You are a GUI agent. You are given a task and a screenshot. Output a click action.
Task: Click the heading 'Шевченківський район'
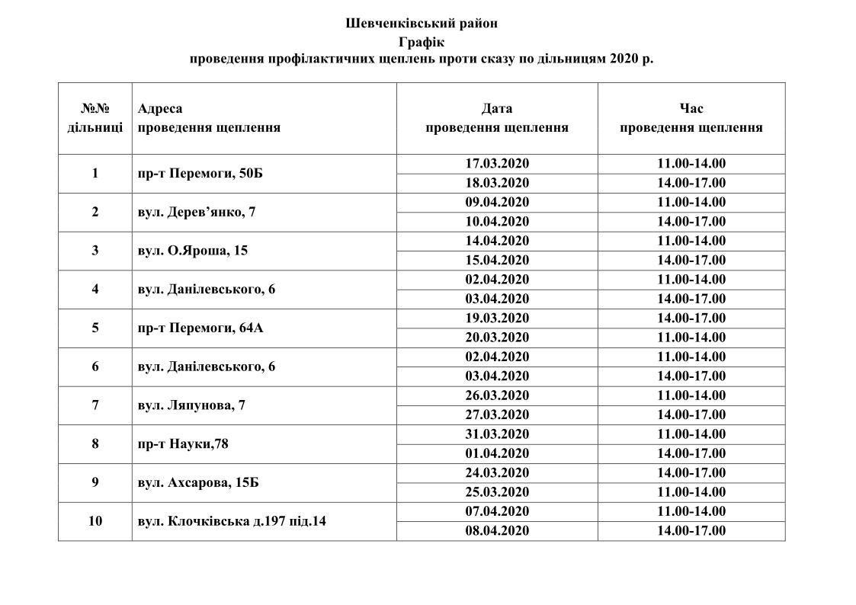(x=422, y=24)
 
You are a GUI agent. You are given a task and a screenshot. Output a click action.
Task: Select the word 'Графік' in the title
(x=421, y=41)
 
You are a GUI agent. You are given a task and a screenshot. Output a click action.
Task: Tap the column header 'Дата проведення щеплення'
(x=497, y=118)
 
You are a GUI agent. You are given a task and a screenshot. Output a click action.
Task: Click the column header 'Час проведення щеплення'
(x=691, y=118)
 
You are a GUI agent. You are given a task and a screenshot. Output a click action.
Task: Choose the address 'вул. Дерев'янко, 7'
(x=197, y=213)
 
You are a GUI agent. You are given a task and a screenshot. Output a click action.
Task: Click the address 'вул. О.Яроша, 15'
(x=193, y=251)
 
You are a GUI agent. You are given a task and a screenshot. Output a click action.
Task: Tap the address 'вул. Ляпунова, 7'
(x=191, y=405)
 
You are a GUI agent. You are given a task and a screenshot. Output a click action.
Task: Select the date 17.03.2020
(x=497, y=164)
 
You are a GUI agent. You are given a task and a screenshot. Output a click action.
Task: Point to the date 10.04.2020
(x=497, y=222)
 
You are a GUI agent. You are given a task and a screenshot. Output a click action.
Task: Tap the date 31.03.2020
(x=497, y=434)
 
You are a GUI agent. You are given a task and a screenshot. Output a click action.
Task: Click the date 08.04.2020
(x=497, y=531)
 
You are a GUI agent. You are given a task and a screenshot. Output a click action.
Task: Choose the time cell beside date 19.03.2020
(x=691, y=319)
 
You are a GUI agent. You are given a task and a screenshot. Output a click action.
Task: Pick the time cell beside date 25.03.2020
(x=691, y=492)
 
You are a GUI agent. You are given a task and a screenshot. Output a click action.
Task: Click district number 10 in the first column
(x=95, y=522)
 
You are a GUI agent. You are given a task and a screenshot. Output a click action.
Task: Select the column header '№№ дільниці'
(x=95, y=118)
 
